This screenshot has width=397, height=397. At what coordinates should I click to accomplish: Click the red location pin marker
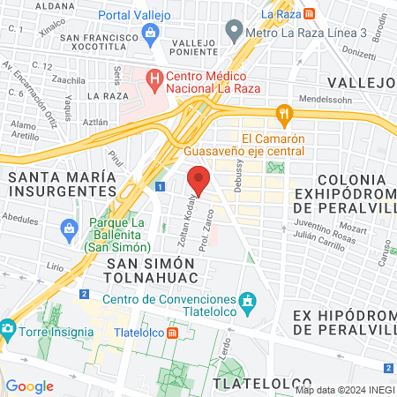tap(198, 179)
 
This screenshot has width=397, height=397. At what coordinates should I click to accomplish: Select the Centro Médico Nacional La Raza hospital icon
tap(154, 79)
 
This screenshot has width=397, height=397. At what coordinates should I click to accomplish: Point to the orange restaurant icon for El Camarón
tap(283, 113)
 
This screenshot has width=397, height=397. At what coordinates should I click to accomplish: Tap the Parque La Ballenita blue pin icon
tap(68, 230)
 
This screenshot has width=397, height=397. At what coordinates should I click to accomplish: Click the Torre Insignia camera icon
tap(8, 327)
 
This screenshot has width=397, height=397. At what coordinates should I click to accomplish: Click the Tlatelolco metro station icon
tap(174, 333)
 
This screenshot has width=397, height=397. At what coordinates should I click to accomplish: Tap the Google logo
tap(29, 386)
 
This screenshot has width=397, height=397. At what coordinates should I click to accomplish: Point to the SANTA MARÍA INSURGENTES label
tap(61, 183)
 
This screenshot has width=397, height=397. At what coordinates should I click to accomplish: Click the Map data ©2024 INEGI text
tap(343, 389)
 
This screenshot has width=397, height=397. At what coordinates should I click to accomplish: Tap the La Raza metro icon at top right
tap(309, 14)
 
